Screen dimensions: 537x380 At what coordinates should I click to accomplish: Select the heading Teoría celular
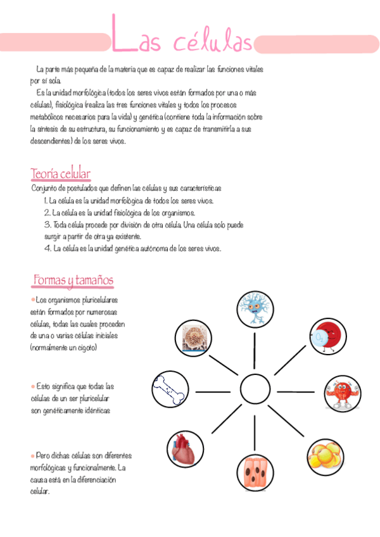[61, 174]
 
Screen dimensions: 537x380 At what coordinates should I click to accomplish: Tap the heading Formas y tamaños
[73, 279]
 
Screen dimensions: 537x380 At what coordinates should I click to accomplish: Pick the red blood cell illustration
[327, 336]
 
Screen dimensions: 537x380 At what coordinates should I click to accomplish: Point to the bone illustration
[170, 389]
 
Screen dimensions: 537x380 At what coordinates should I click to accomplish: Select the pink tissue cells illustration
[256, 472]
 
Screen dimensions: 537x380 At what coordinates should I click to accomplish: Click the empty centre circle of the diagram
[256, 390]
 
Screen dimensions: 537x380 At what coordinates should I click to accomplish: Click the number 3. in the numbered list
[47, 225]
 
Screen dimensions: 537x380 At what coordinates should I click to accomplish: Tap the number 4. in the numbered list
[47, 249]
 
